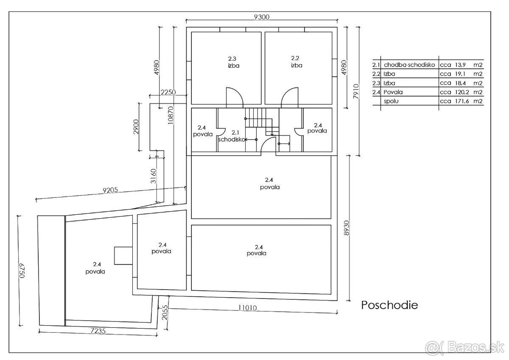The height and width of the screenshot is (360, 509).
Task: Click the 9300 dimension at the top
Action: coord(262,17)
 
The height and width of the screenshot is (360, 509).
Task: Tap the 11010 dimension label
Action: coord(247,308)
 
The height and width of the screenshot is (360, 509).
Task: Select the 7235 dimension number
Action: coord(98,331)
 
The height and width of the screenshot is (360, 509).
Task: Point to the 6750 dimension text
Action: coord(22,270)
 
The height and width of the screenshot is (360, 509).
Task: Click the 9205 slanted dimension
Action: coord(110,190)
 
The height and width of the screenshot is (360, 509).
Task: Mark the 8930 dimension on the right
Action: coord(346,228)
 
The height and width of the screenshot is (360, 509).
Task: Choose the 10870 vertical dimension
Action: coord(170,115)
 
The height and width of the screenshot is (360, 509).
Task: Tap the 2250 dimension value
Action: coord(168,92)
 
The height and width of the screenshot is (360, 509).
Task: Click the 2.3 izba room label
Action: coord(233,62)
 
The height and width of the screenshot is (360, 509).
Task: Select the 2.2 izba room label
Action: coord(296,62)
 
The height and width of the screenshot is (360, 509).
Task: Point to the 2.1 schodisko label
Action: coord(232,136)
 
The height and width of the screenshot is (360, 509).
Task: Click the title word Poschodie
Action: coord(389,305)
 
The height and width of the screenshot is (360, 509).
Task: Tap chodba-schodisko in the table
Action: coord(409,65)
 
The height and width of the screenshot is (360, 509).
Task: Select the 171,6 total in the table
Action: coord(462,101)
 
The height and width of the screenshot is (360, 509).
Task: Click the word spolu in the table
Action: coord(391,101)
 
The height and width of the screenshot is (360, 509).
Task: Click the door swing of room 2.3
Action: coord(240,93)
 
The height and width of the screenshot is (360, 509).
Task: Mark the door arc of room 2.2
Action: coord(285,93)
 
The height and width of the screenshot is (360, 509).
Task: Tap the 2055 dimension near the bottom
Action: coord(165,312)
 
